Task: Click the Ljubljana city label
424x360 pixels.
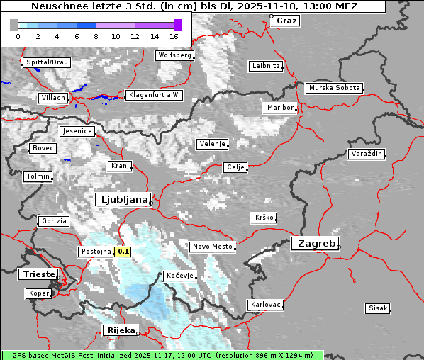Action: point(122,199)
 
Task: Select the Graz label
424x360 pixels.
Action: point(286,21)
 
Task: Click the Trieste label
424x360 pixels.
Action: point(36,274)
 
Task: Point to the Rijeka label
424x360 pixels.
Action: point(120,330)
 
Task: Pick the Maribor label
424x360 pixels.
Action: point(279,108)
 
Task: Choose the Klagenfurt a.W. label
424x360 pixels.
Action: point(154,95)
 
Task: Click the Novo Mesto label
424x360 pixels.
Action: point(212,247)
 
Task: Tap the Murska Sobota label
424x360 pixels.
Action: point(334,89)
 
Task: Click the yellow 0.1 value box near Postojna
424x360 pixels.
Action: point(123,251)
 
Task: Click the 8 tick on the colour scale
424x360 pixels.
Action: point(96,35)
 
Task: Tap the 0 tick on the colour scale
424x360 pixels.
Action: point(18,35)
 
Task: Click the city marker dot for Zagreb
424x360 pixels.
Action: point(339,247)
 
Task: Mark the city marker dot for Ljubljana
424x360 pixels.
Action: point(151,203)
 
